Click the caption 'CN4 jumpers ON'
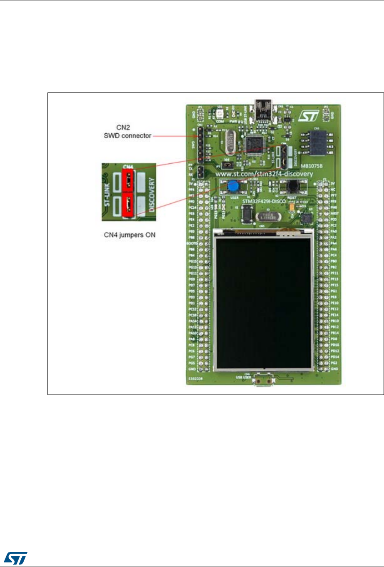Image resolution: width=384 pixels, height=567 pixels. [x=130, y=235]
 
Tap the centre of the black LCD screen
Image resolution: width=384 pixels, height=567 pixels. [x=264, y=299]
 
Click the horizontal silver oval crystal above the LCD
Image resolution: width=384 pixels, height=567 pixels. [x=267, y=216]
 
